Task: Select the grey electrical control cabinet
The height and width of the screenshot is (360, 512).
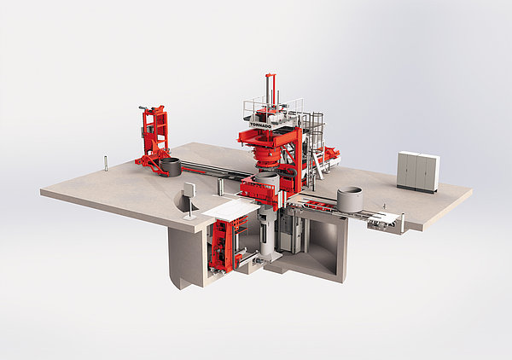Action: tap(418, 172)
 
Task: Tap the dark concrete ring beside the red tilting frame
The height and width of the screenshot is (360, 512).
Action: tap(170, 167)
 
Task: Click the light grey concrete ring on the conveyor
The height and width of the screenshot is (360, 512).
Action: tap(349, 200)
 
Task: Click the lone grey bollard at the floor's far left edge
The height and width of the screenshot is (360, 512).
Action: tap(106, 163)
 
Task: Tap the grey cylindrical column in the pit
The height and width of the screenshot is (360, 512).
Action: tap(267, 234)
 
